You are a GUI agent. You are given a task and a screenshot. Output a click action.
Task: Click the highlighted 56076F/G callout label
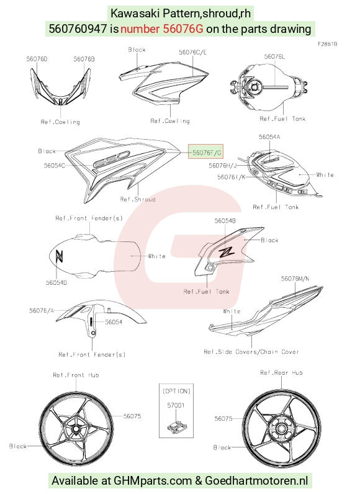point(206,153)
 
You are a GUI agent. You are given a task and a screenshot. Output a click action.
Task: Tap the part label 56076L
point(274,56)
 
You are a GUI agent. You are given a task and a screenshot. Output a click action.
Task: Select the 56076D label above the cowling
point(37,59)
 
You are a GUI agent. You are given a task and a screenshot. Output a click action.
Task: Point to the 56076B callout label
point(84,59)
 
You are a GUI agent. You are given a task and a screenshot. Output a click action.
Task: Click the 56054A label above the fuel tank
point(269,137)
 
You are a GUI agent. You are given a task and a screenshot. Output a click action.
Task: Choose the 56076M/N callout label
point(295,279)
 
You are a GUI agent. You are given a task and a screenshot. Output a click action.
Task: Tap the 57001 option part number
point(176,405)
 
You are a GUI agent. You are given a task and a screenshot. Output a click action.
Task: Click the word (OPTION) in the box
point(176,392)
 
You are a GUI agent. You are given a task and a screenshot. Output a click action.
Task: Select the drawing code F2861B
point(327,44)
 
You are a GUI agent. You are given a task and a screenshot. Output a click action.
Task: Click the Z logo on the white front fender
point(60,256)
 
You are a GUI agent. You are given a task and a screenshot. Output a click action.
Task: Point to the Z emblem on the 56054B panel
point(226,251)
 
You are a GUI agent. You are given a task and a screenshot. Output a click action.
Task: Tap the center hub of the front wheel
point(76,429)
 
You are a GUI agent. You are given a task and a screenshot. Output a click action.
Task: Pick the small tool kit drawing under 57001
point(177,427)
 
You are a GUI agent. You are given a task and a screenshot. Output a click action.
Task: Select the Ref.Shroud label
point(138,199)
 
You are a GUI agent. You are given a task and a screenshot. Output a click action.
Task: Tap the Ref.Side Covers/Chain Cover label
point(251,352)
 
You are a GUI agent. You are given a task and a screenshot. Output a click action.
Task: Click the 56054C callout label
point(55,165)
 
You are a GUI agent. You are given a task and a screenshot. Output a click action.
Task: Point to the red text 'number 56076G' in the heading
point(162,29)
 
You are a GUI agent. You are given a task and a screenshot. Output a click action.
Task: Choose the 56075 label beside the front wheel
point(132,416)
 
